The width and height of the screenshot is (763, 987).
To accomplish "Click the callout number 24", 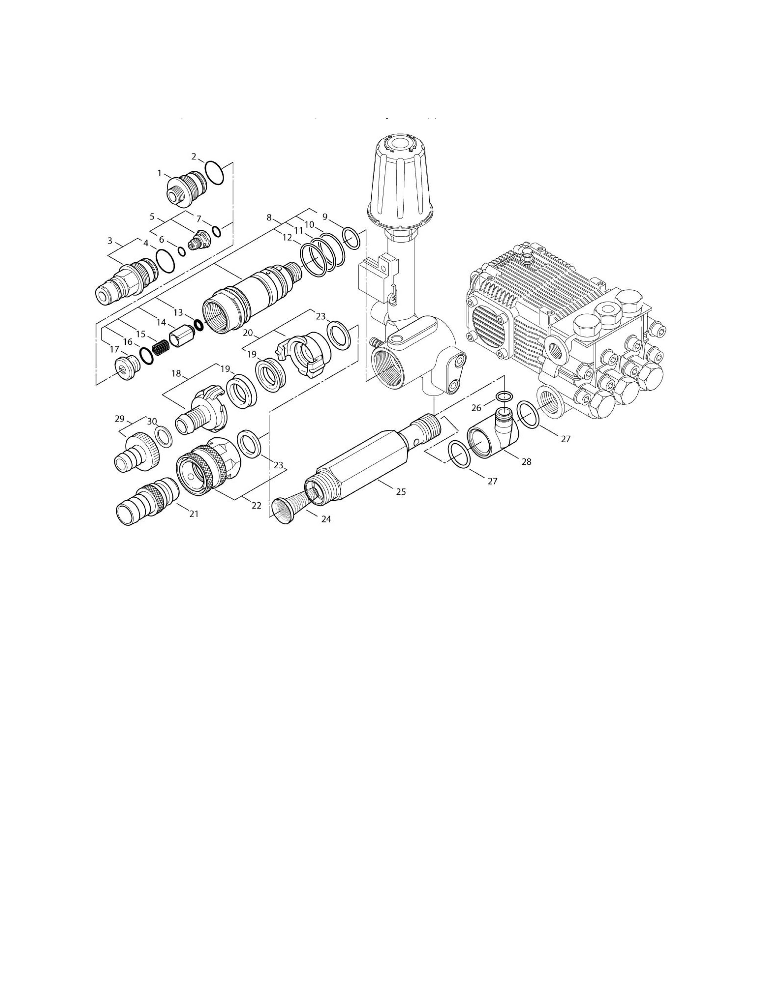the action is (326, 519).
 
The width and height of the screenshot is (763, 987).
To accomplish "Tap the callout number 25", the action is (401, 492).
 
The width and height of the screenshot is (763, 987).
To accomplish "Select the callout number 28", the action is (526, 462).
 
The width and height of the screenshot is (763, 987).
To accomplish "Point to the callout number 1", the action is (159, 173).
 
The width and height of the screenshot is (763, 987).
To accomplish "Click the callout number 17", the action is (114, 349).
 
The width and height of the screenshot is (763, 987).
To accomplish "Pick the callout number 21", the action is (194, 514).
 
